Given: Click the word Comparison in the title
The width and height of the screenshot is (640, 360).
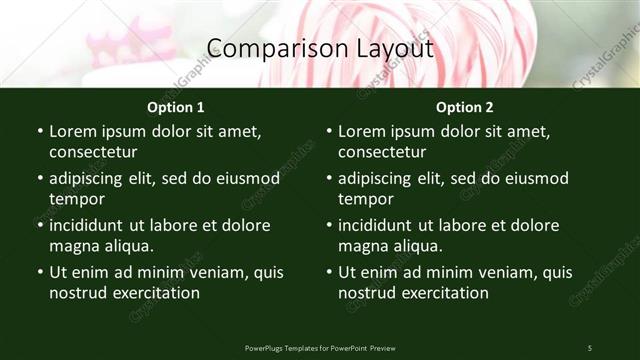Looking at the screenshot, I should pos(265,48).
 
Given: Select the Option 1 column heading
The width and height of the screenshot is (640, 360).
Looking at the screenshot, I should pos(176,107).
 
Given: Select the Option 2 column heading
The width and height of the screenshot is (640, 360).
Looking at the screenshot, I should pos(465,107).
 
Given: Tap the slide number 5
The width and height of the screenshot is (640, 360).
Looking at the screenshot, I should pos(590,347).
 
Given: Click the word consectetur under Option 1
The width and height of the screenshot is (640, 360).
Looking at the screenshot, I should pos(93,152).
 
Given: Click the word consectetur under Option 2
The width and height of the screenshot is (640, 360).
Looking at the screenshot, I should pos(382,152).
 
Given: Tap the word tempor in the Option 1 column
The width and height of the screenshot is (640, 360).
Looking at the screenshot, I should pos(74,199).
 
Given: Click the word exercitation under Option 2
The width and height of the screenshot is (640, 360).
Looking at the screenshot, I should pos(442,293).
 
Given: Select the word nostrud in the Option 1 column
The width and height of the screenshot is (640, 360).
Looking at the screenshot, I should pos(76,293).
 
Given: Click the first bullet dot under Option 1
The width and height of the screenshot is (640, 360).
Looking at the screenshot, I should pos(39,132).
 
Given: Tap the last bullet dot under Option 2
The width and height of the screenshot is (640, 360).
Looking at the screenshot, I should pos(328,273).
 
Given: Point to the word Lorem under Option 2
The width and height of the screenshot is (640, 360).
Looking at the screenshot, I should pos(361,132).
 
